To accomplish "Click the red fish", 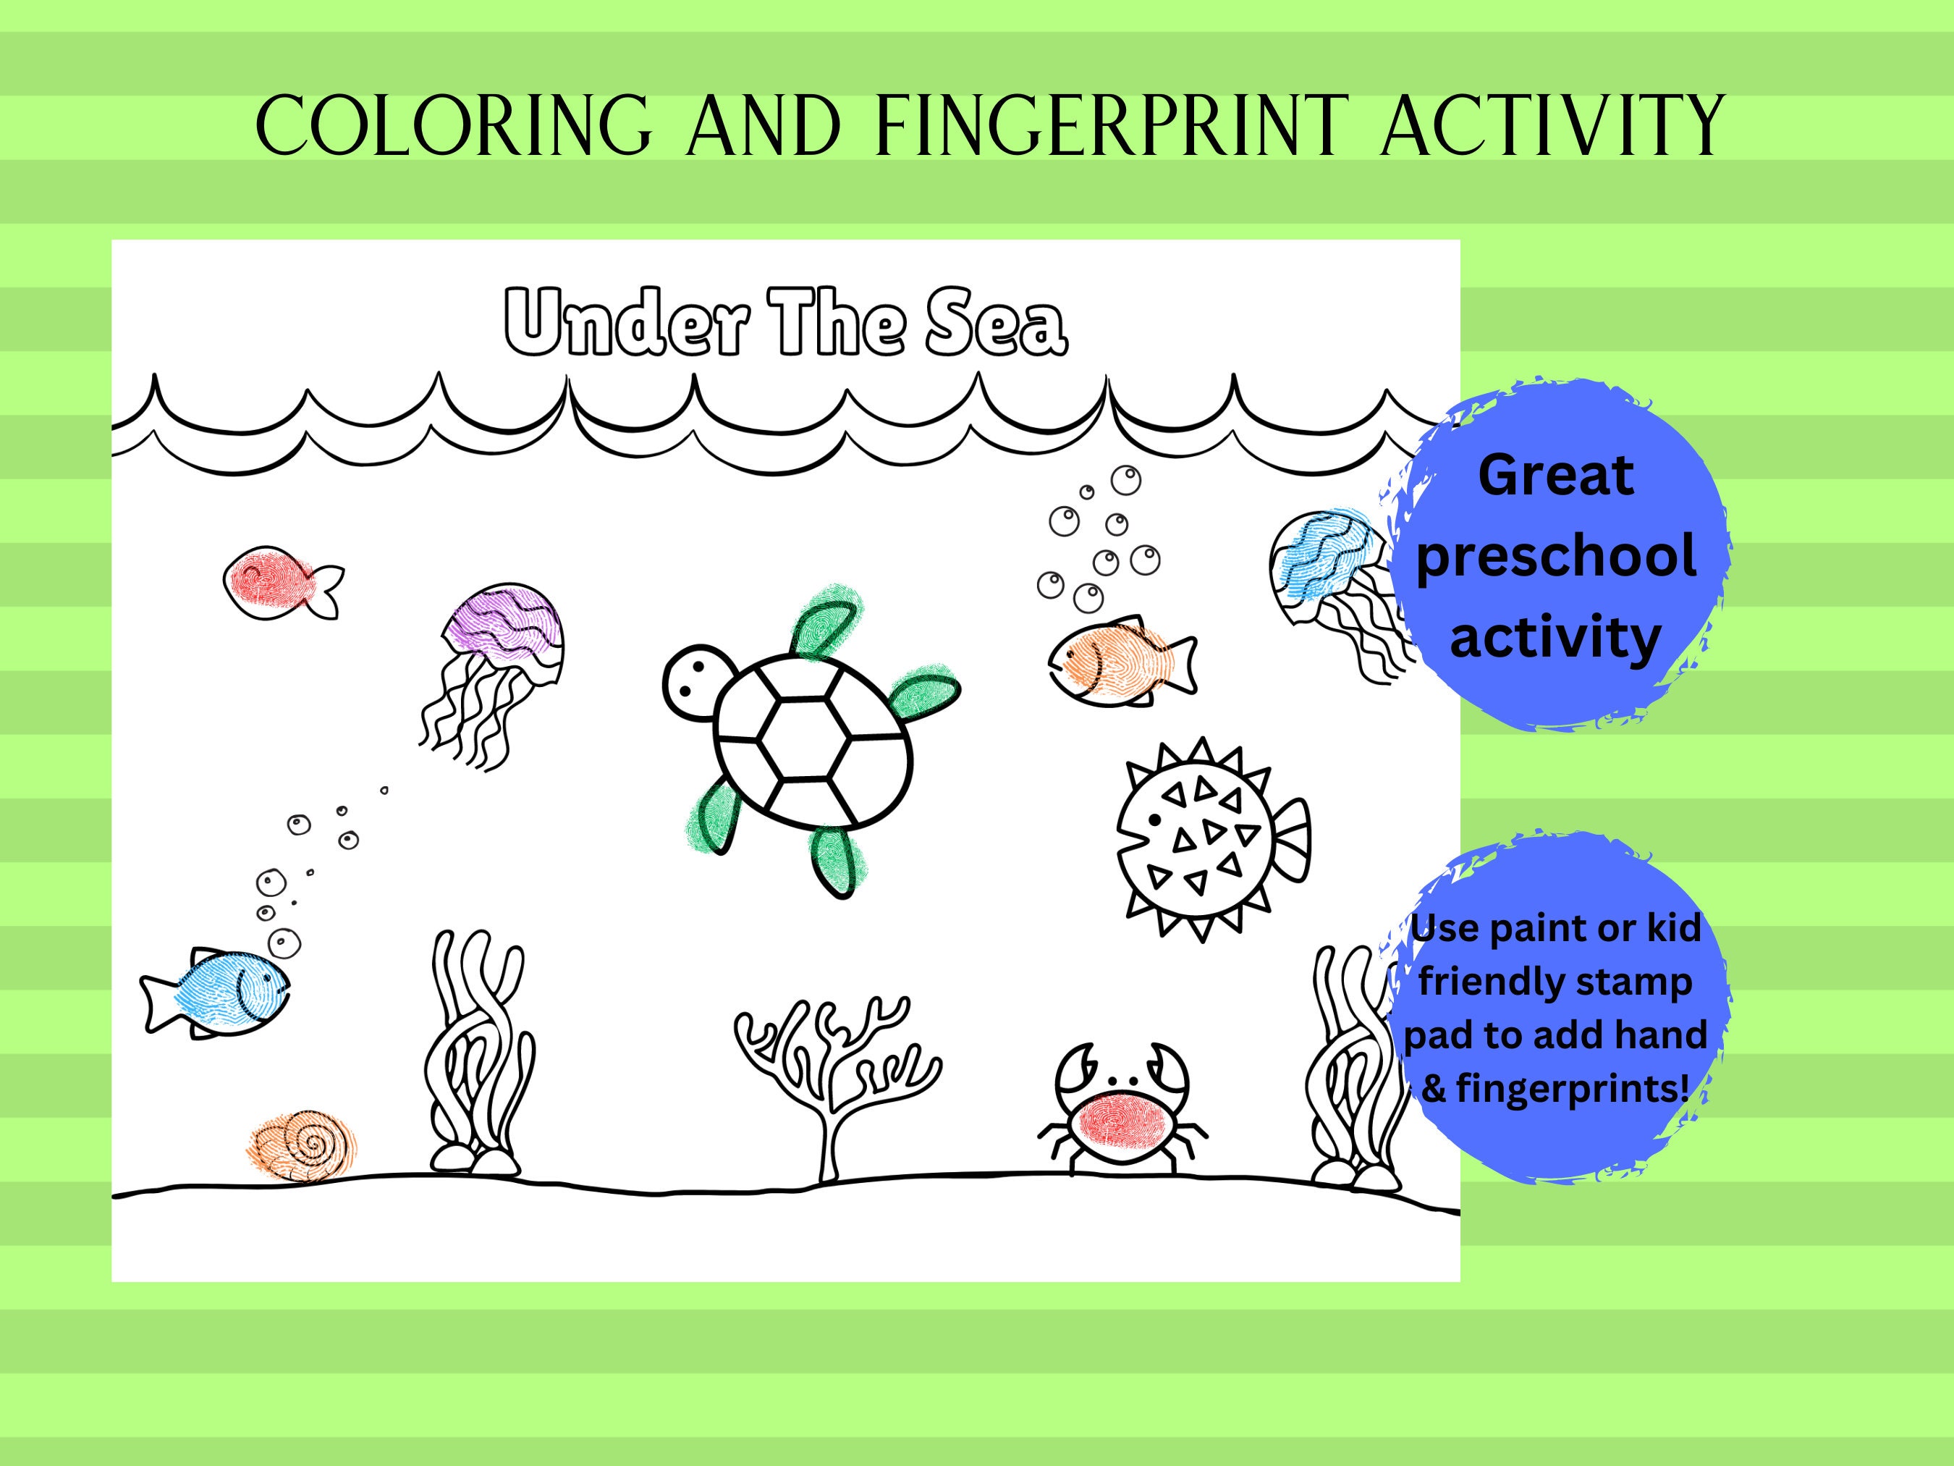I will [x=269, y=582].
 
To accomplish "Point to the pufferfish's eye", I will [x=1154, y=820].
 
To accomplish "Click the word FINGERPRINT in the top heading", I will [x=1112, y=127].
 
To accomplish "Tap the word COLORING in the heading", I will [x=453, y=127].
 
